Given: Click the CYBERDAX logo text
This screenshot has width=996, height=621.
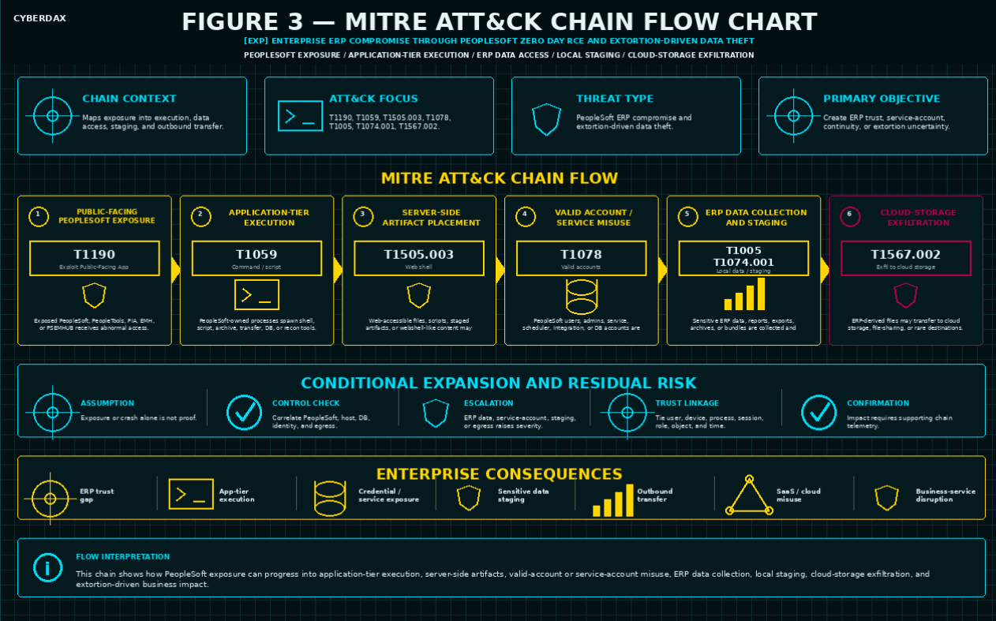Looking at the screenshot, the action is [39, 18].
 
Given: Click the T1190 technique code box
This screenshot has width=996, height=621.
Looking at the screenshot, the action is [94, 258].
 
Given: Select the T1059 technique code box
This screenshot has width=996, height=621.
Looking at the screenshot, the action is [256, 258].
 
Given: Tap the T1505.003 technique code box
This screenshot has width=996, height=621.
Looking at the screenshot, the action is [419, 258].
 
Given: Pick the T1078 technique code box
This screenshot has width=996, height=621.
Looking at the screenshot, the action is [581, 258].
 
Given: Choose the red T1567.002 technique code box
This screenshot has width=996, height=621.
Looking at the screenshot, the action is [906, 258].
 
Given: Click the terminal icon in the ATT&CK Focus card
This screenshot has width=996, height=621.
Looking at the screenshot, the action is [300, 115].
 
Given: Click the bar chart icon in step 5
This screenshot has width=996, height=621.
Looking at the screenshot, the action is [744, 294].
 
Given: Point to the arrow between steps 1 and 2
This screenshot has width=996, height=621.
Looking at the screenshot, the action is [176, 270].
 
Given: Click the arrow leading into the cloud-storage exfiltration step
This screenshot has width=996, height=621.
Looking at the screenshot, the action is [825, 270].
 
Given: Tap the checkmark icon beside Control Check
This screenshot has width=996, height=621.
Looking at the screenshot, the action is [244, 413].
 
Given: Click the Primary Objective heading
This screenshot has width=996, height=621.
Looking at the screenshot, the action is [882, 99].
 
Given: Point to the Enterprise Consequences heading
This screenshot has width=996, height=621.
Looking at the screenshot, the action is [499, 474].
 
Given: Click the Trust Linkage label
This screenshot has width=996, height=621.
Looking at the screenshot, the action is [687, 403].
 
